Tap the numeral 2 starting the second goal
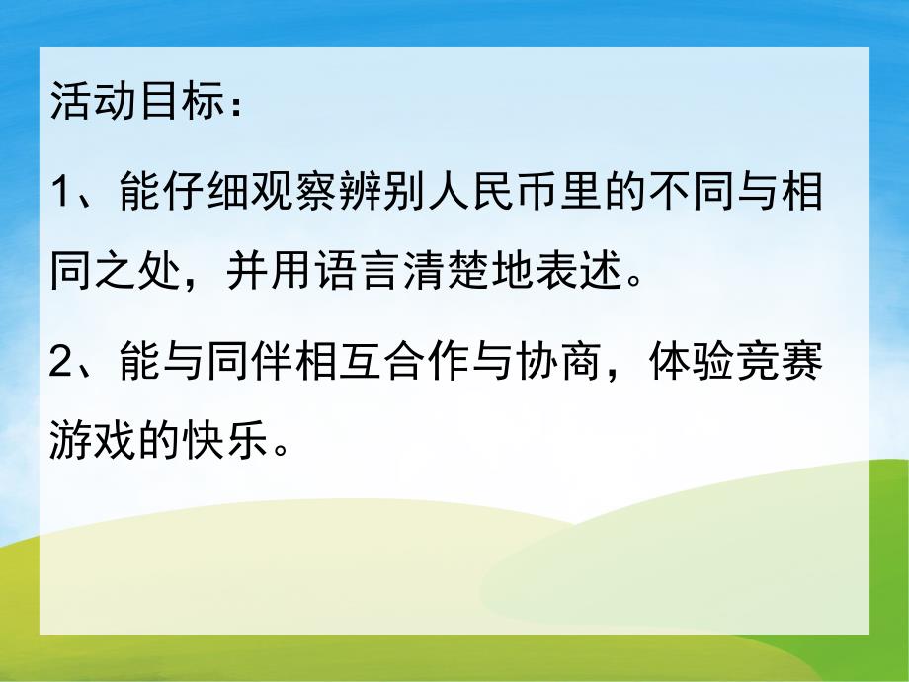pyautogui.click(x=62, y=366)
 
